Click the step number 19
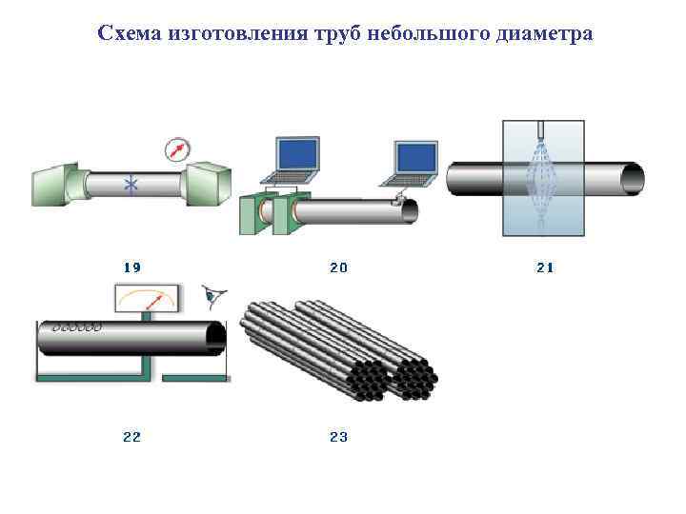click(x=132, y=268)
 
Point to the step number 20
click(x=339, y=268)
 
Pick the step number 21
click(x=545, y=268)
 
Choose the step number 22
click(x=132, y=437)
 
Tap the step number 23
click(x=339, y=437)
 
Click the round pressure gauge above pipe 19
click(x=176, y=148)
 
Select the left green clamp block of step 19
click(x=58, y=183)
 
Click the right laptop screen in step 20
click(x=415, y=158)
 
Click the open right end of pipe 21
click(x=633, y=178)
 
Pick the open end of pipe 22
click(x=216, y=338)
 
